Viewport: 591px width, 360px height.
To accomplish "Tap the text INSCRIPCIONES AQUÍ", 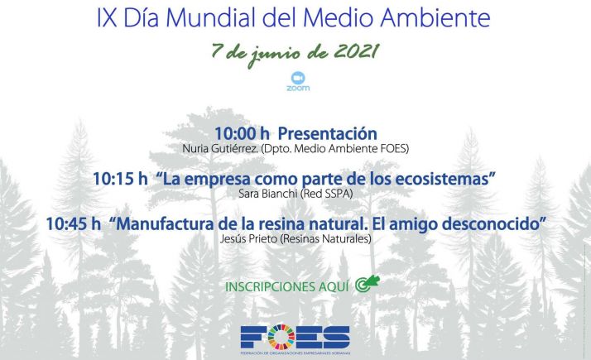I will tap(286, 287).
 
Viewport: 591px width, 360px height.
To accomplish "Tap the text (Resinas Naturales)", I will tap(329, 238).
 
